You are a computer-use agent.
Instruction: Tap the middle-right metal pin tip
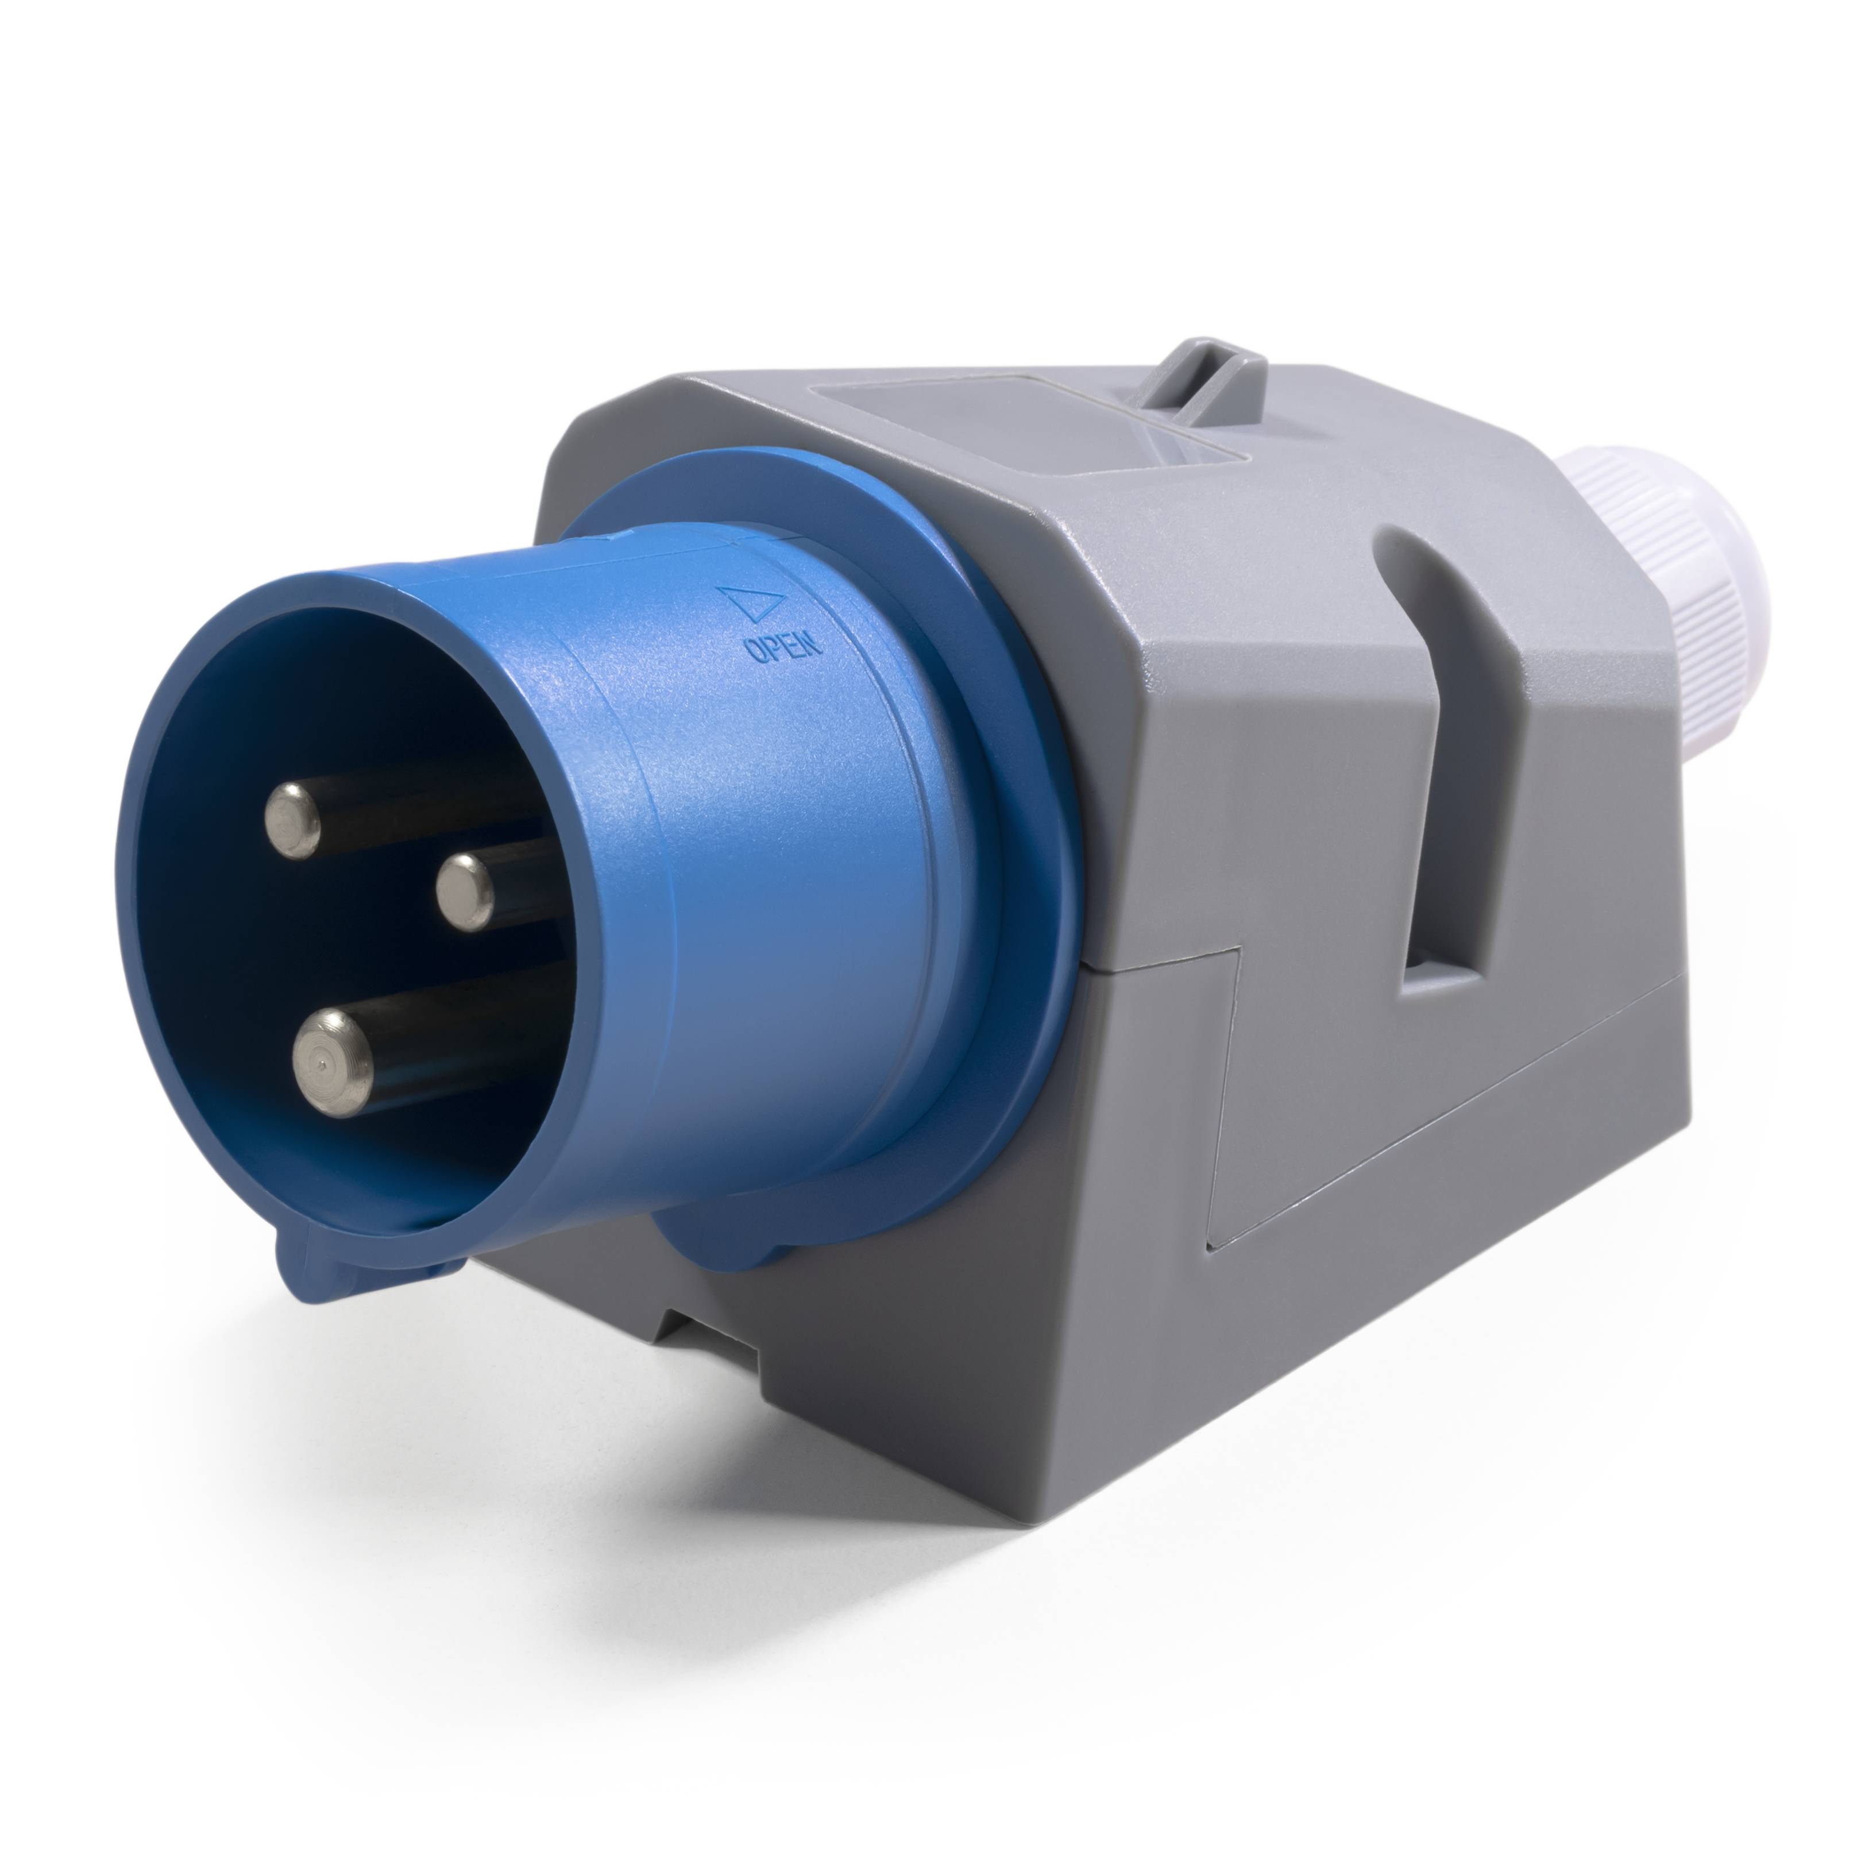click(x=464, y=891)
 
